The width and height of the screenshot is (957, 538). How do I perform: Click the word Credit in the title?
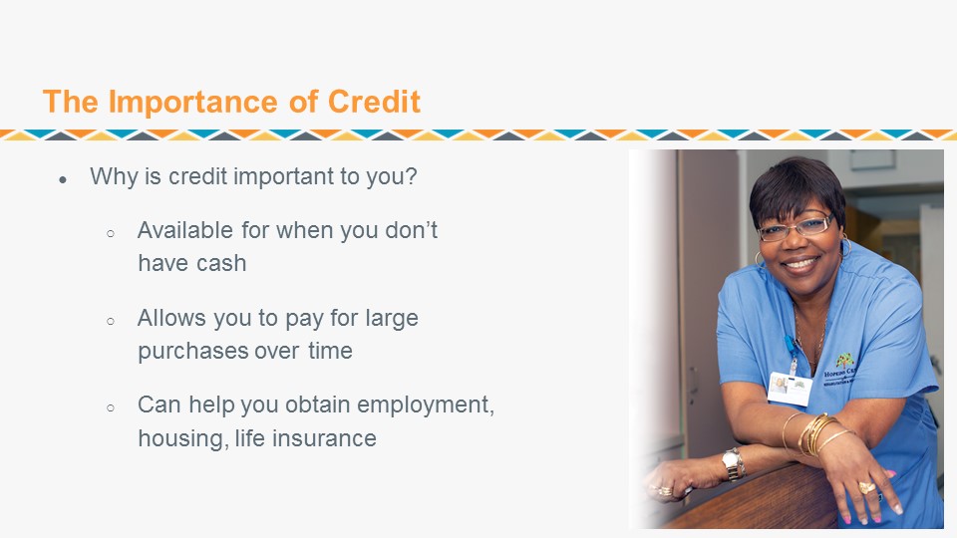374,102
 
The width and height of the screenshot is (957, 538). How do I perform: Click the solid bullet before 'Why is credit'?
63,179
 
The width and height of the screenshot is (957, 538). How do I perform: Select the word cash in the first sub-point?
221,263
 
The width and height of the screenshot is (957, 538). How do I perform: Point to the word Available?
185,230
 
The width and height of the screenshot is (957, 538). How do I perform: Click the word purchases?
192,352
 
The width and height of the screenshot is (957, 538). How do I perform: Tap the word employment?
425,405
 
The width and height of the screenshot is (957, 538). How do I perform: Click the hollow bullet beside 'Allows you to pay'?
111,321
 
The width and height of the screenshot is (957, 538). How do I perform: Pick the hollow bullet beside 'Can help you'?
111,407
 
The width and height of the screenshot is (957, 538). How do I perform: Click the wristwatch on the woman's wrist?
733,464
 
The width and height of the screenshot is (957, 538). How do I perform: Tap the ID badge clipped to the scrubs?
790,388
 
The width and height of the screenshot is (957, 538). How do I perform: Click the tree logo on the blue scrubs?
844,360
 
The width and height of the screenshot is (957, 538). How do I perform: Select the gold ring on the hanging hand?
866,487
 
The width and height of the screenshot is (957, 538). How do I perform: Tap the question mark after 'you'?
411,176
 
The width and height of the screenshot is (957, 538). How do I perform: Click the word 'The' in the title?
70,102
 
